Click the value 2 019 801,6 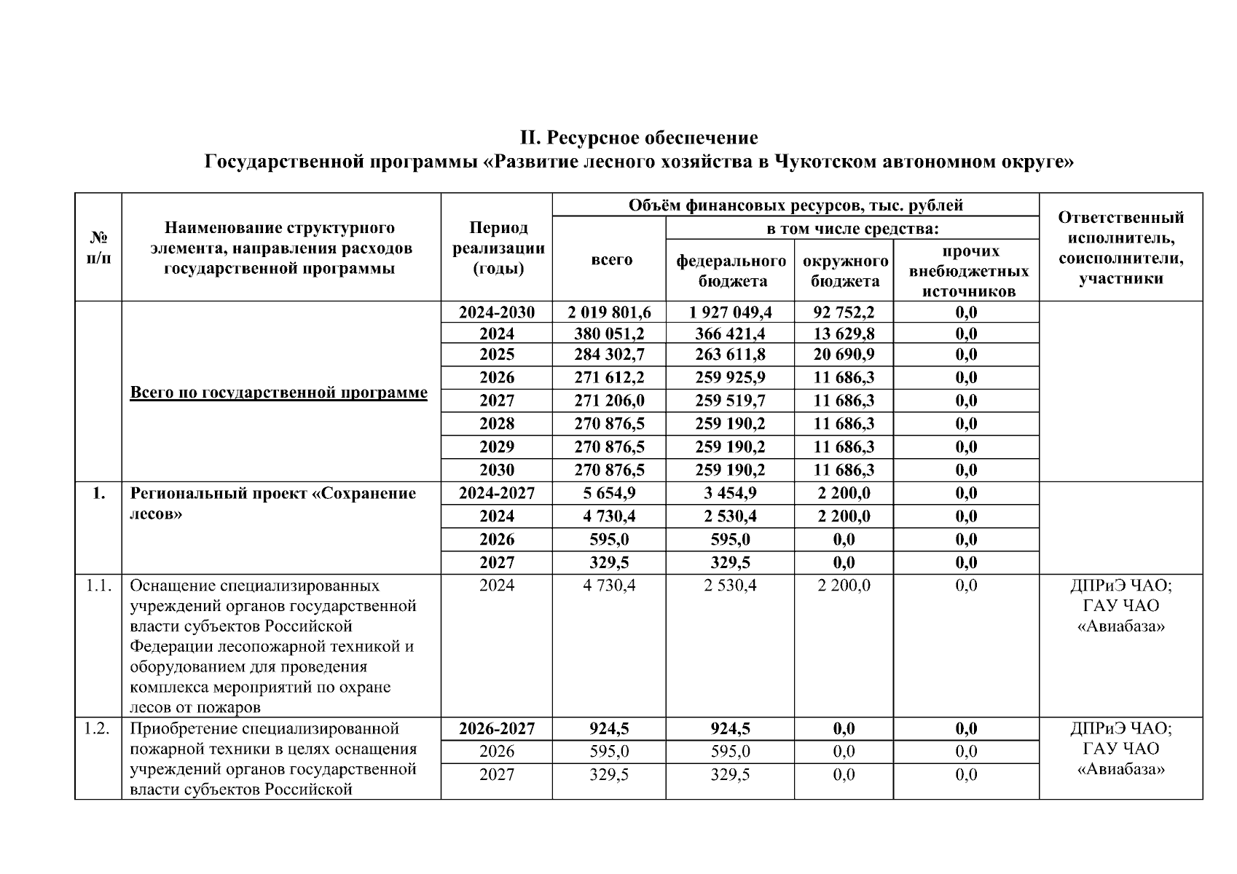(609, 312)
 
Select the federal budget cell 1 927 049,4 (730, 312)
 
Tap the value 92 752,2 (844, 312)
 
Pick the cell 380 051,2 (609, 334)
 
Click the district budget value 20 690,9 (844, 355)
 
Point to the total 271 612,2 (609, 377)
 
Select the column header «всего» (611, 260)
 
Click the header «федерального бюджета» (730, 270)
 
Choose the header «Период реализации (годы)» (498, 248)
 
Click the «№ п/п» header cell (98, 248)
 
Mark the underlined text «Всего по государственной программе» (278, 393)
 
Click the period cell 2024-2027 (497, 493)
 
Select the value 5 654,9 (609, 493)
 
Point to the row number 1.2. (98, 729)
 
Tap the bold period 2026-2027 (497, 729)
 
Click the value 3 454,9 (730, 493)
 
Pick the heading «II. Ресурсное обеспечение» (638, 138)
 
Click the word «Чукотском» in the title (825, 161)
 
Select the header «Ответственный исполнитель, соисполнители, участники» (1120, 248)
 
